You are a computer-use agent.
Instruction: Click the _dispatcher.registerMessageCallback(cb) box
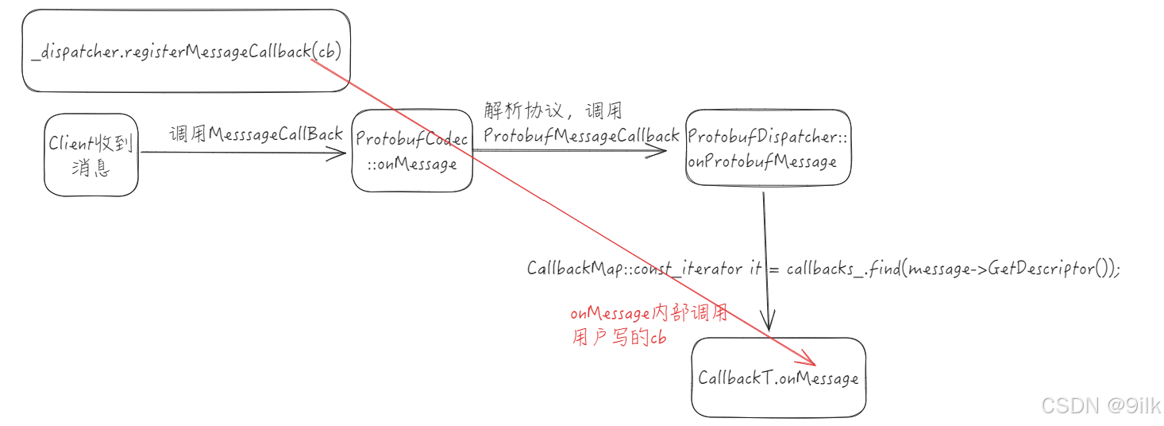pos(186,50)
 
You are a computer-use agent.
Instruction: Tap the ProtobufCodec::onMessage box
pos(412,151)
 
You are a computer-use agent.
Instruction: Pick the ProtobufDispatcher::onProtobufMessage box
pos(767,149)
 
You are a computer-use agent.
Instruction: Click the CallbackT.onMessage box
pos(778,378)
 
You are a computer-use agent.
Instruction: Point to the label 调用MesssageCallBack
pos(256,134)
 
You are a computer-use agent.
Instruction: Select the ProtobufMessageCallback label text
pos(581,136)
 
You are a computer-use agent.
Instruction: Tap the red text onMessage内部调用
pos(649,314)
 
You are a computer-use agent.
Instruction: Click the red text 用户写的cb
pos(619,338)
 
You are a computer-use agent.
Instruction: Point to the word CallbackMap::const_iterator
pos(633,269)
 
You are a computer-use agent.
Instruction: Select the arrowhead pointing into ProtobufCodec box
pos(338,153)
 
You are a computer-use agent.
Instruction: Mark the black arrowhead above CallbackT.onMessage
pos(769,322)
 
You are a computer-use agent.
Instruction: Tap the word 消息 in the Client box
pos(91,168)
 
